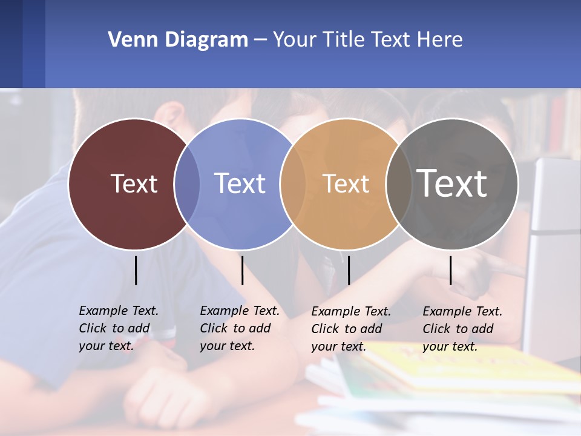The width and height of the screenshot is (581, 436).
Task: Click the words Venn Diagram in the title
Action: click(x=178, y=40)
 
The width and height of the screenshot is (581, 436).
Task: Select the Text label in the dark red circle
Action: click(x=134, y=183)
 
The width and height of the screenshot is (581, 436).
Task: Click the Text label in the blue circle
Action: click(x=240, y=183)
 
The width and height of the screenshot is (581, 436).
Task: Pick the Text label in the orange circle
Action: click(x=346, y=183)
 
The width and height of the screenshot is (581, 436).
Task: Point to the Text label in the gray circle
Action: click(x=452, y=183)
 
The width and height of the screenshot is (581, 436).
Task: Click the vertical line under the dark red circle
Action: click(x=136, y=270)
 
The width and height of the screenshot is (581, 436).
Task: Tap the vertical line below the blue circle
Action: click(x=242, y=270)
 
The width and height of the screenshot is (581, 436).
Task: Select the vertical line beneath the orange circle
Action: click(x=349, y=270)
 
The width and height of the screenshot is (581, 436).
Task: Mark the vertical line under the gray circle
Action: click(x=450, y=270)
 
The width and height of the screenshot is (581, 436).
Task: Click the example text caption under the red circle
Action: click(x=119, y=328)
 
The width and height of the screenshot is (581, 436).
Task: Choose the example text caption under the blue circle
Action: click(x=240, y=328)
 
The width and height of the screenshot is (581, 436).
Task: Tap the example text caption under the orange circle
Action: click(x=351, y=329)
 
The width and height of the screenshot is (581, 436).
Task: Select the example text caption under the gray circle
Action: click(x=462, y=329)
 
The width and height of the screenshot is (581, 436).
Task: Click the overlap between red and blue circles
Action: click(x=187, y=183)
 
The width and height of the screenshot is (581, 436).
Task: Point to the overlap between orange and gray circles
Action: click(x=398, y=183)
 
